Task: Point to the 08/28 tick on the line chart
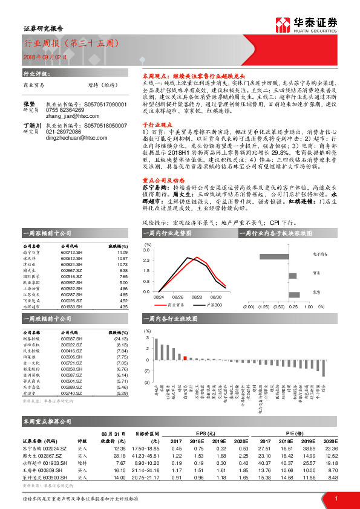pyautogui.click(x=178, y=297)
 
